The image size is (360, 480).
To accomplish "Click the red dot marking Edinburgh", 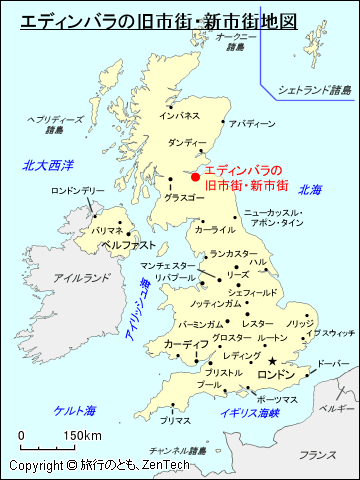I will [x=195, y=178].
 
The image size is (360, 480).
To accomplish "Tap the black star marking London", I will [x=271, y=361].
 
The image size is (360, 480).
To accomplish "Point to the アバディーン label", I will [x=251, y=123].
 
